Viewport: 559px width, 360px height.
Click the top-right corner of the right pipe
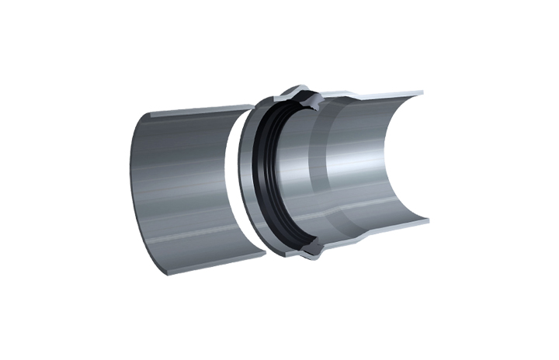click(x=424, y=92)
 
